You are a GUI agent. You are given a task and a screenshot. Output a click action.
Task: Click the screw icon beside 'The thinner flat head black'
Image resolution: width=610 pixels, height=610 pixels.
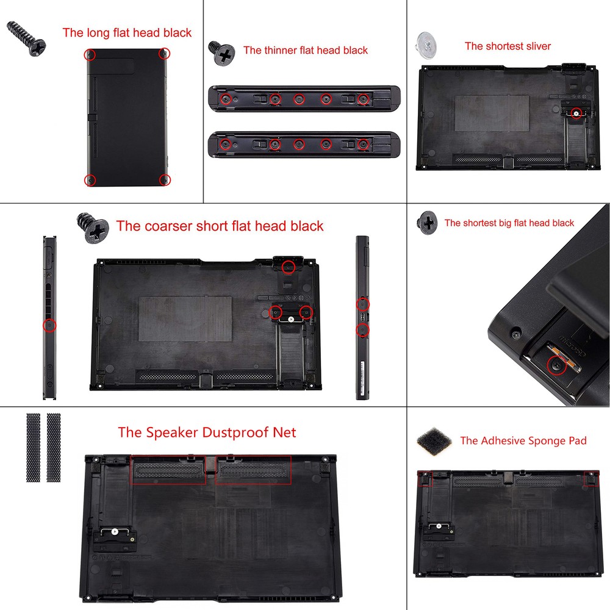[222, 54]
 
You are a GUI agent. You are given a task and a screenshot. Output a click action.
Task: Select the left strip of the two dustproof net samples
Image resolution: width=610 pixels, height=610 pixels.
[33, 447]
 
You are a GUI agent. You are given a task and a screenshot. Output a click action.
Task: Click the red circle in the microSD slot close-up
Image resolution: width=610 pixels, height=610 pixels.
[555, 366]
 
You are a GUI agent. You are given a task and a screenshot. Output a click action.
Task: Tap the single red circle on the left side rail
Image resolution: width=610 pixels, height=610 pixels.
[49, 326]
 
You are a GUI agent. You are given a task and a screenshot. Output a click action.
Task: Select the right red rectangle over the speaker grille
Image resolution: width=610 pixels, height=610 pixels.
[253, 470]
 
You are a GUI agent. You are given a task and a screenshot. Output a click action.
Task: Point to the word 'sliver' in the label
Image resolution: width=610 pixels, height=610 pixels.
[537, 46]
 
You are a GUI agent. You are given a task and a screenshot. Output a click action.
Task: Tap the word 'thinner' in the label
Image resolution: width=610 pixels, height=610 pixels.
[281, 51]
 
